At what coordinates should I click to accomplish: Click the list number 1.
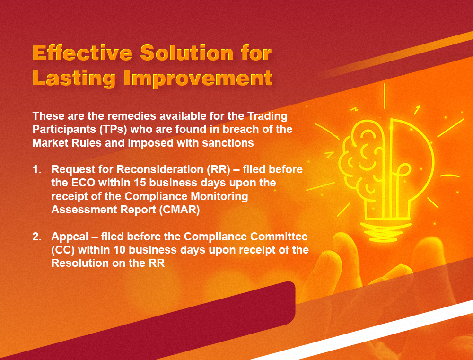(36, 169)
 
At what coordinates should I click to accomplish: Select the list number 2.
(36, 237)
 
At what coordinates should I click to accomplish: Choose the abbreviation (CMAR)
(178, 210)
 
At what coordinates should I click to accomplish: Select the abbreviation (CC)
(61, 250)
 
